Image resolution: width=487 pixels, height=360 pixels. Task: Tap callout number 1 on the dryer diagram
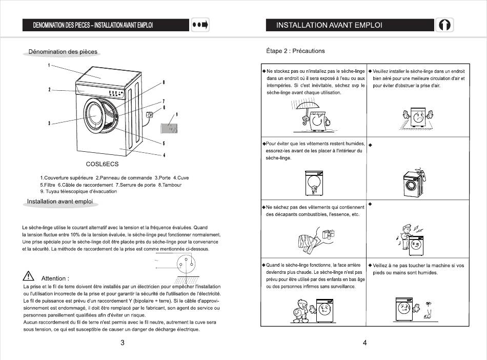(x=49, y=66)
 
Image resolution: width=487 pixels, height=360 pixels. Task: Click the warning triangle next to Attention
(x=29, y=278)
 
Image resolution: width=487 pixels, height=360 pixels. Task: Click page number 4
(x=364, y=343)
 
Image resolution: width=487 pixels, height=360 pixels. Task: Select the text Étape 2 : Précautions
(x=295, y=51)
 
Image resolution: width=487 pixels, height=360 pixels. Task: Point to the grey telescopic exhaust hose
(x=169, y=127)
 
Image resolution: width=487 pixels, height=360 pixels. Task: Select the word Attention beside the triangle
(x=55, y=278)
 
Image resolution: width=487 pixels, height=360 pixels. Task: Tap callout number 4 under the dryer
(x=164, y=155)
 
